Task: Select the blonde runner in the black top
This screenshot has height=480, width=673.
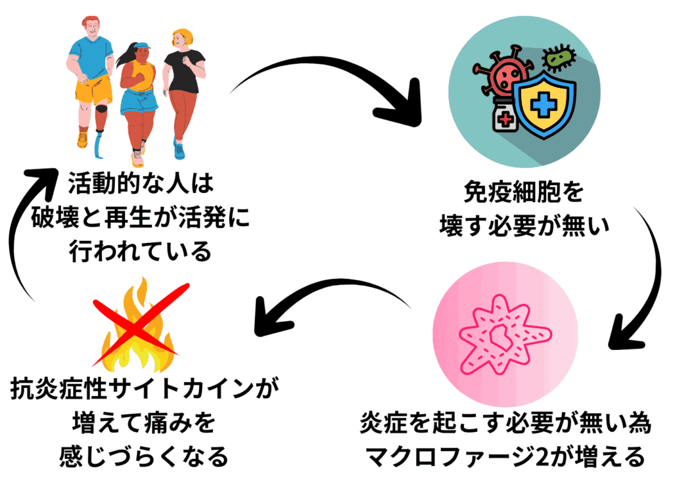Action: (183, 72)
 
